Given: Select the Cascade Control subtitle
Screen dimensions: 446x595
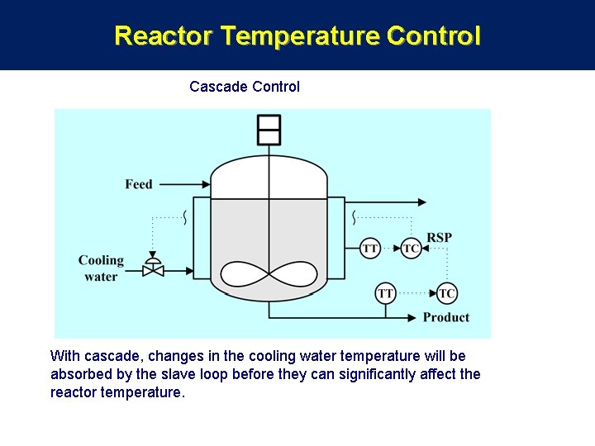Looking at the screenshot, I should (x=245, y=87).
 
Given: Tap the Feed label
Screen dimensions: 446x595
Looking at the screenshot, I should (x=139, y=184).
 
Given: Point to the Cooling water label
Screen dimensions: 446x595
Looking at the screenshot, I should (x=101, y=268).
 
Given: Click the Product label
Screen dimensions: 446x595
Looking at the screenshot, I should (x=445, y=317).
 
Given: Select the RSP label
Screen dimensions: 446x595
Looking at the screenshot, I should (x=439, y=238).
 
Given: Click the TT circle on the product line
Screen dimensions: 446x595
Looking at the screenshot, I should (x=386, y=293).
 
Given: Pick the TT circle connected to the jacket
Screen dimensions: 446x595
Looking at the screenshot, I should (x=370, y=248).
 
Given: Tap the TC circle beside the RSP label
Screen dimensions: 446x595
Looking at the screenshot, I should (x=411, y=248).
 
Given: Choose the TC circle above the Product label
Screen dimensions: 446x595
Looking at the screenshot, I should (x=447, y=293).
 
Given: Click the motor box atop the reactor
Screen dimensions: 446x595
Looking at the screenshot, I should (x=269, y=130).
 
